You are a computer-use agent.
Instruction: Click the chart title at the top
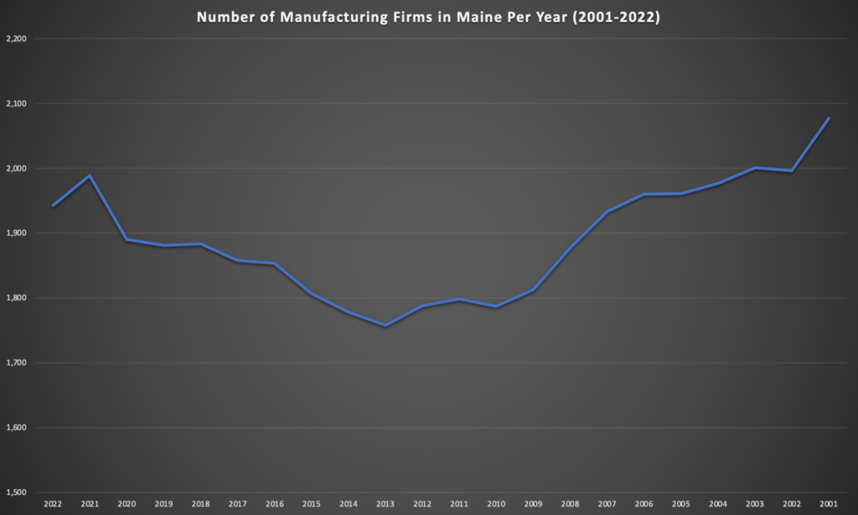point(428,17)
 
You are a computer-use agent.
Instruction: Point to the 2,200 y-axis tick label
point(16,39)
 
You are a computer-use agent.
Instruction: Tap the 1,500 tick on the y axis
point(16,493)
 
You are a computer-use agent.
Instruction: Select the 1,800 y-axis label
point(16,299)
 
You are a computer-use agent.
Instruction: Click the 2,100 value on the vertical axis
point(16,104)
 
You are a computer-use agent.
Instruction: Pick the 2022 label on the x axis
point(53,505)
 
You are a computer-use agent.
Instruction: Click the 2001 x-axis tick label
point(829,505)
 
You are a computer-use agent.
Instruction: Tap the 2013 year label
point(385,505)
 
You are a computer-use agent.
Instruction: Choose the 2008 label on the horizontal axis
point(570,505)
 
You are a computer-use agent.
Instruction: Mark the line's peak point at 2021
point(90,175)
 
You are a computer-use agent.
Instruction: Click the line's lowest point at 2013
point(385,325)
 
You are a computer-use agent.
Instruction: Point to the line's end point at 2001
point(829,118)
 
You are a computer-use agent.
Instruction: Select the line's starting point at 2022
point(53,205)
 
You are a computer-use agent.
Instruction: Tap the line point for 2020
point(127,240)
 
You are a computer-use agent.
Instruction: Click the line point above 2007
point(607,211)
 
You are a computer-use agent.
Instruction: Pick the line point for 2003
point(755,168)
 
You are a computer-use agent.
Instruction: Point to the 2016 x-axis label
point(274,505)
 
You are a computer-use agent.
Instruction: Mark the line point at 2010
point(496,306)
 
